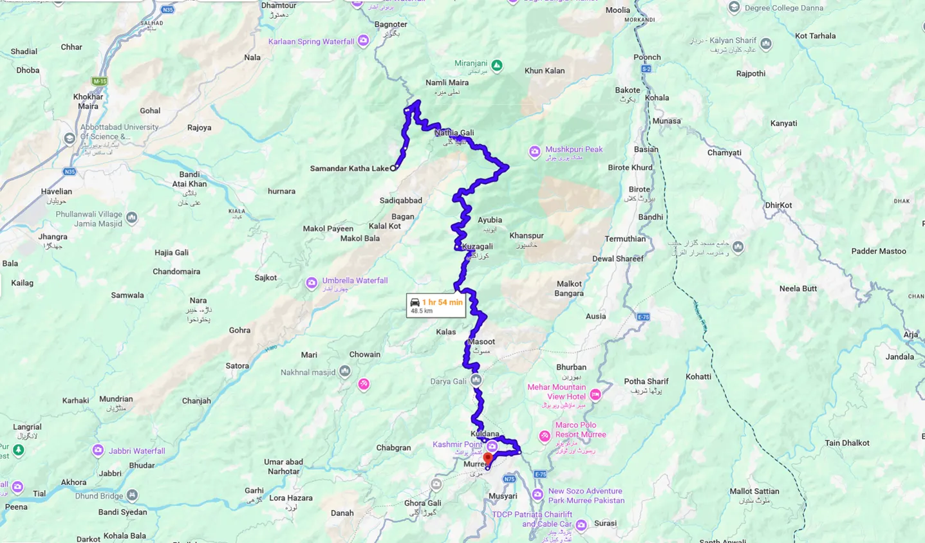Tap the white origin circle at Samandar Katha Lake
pos(393,168)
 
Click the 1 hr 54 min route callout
pos(436,306)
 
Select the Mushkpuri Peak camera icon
pos(534,152)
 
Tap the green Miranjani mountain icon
pos(496,66)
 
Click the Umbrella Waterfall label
pos(355,281)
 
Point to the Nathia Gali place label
pos(454,133)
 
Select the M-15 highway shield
pos(99,82)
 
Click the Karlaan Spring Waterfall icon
pos(364,41)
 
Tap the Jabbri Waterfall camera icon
pos(98,450)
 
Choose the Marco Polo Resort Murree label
pos(580,430)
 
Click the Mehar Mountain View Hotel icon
pos(595,394)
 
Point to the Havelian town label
pos(56,192)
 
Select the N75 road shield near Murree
pos(509,479)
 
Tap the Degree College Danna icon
pos(734,8)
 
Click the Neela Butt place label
pos(798,289)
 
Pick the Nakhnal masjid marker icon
pos(345,371)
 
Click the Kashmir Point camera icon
pos(492,446)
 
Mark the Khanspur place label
pos(527,236)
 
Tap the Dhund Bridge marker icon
pos(132,495)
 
